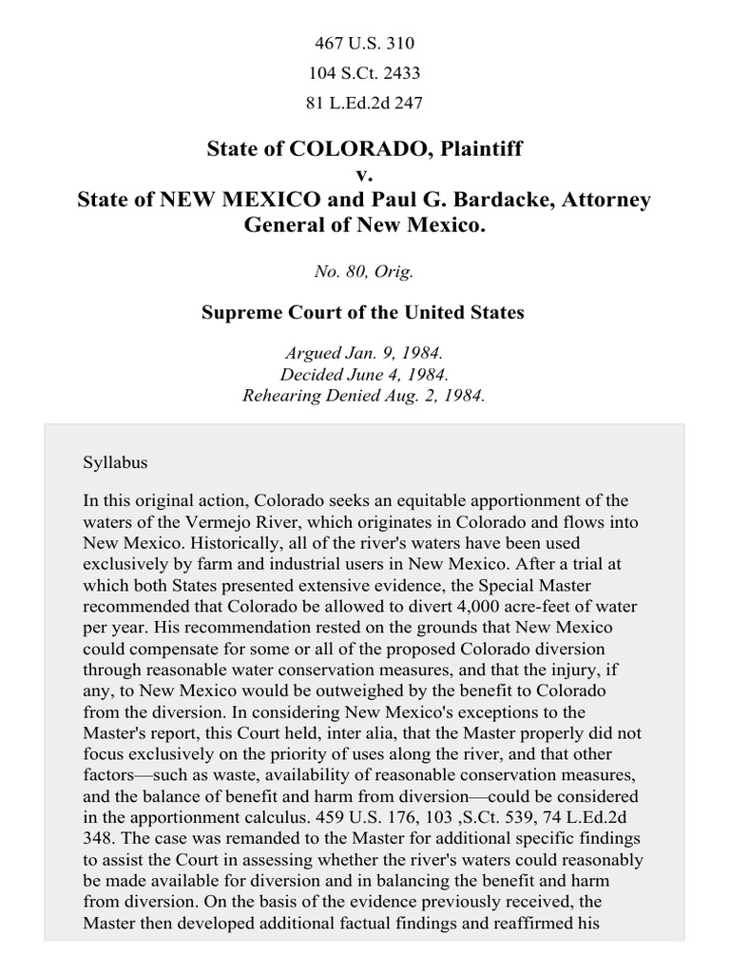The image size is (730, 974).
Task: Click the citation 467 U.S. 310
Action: pos(364,43)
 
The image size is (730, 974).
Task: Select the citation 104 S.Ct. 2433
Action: pos(364,72)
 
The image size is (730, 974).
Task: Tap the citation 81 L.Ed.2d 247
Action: pos(364,102)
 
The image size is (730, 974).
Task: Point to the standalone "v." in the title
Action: pos(364,175)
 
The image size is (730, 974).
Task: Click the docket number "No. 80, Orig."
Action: pos(364,271)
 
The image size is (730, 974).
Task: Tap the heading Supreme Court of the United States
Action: pos(364,313)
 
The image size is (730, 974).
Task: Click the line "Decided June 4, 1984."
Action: pos(364,376)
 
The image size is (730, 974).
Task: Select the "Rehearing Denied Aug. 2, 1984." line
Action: pos(364,397)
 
